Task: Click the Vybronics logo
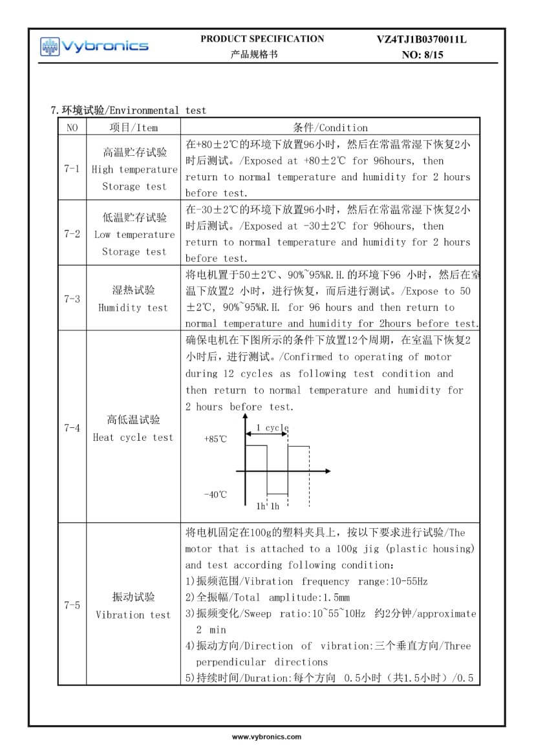click(94, 46)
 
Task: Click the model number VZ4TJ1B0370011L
click(422, 39)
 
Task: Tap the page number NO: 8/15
click(423, 55)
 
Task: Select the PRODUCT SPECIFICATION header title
click(262, 39)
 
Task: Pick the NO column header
click(72, 127)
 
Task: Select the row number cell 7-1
click(72, 169)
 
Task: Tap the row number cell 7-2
click(72, 234)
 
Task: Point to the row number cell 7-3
click(72, 299)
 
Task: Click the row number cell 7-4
click(72, 428)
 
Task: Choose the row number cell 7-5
click(72, 605)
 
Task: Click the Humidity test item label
click(133, 308)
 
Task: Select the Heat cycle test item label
click(133, 438)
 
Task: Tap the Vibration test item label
click(133, 615)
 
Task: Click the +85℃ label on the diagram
click(215, 439)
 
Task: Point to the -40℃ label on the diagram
click(215, 494)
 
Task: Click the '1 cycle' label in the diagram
click(272, 428)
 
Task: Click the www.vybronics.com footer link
click(266, 736)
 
